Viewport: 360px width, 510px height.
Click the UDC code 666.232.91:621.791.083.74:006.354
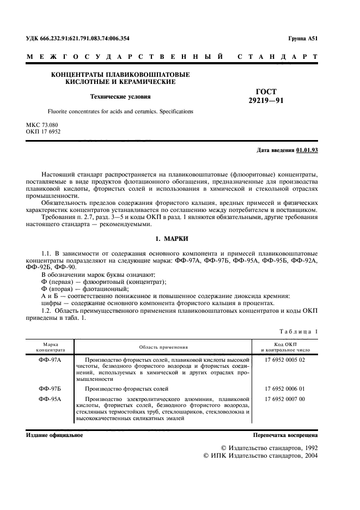pyautogui.click(x=78, y=39)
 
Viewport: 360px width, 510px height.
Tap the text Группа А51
pyautogui.click(x=302, y=39)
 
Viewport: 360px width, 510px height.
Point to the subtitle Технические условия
pyautogui.click(x=120, y=96)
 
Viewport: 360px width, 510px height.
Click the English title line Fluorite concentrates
pyautogui.click(x=120, y=111)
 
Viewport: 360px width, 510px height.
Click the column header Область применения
pyautogui.click(x=163, y=347)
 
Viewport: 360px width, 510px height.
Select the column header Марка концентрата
pyautogui.click(x=50, y=347)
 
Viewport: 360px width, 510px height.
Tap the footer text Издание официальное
pyautogui.click(x=54, y=435)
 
